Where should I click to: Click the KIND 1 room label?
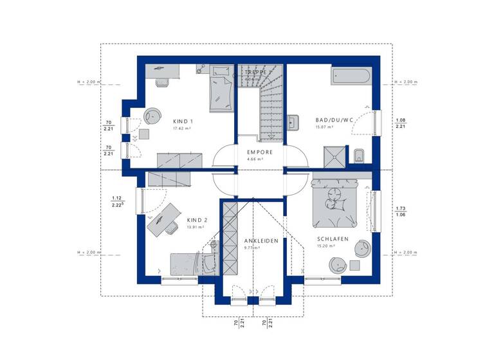[183, 121]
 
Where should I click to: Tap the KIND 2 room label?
[196, 219]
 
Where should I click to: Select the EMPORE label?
[260, 152]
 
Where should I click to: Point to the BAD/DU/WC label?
[334, 120]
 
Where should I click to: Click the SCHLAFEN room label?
[332, 239]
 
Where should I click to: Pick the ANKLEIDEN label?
[261, 240]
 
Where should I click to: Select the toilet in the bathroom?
[359, 155]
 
